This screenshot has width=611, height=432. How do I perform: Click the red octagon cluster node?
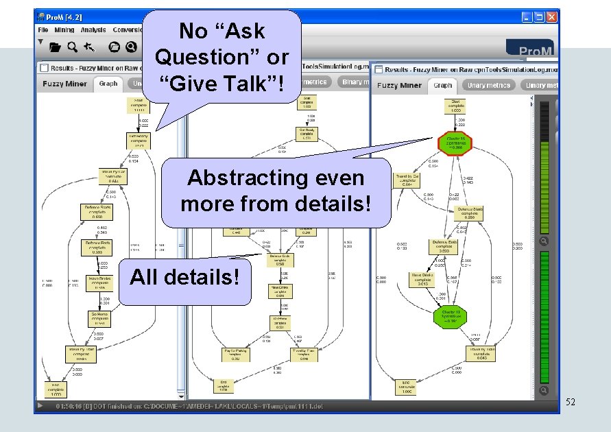pos(455,143)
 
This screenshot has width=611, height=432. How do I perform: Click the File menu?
pos(43,30)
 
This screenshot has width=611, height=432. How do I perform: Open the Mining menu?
pos(64,30)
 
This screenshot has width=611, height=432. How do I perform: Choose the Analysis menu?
pos(93,30)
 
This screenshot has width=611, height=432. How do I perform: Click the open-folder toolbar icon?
pos(55,47)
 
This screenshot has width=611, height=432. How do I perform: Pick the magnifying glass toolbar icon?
pos(72,47)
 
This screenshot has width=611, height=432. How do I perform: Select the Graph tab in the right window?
pos(443,85)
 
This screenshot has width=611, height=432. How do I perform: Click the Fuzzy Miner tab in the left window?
pos(66,84)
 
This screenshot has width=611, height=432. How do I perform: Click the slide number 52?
pos(571,403)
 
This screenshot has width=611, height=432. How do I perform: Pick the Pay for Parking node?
pos(235,354)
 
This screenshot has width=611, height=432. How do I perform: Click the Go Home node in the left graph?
pos(99,317)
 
